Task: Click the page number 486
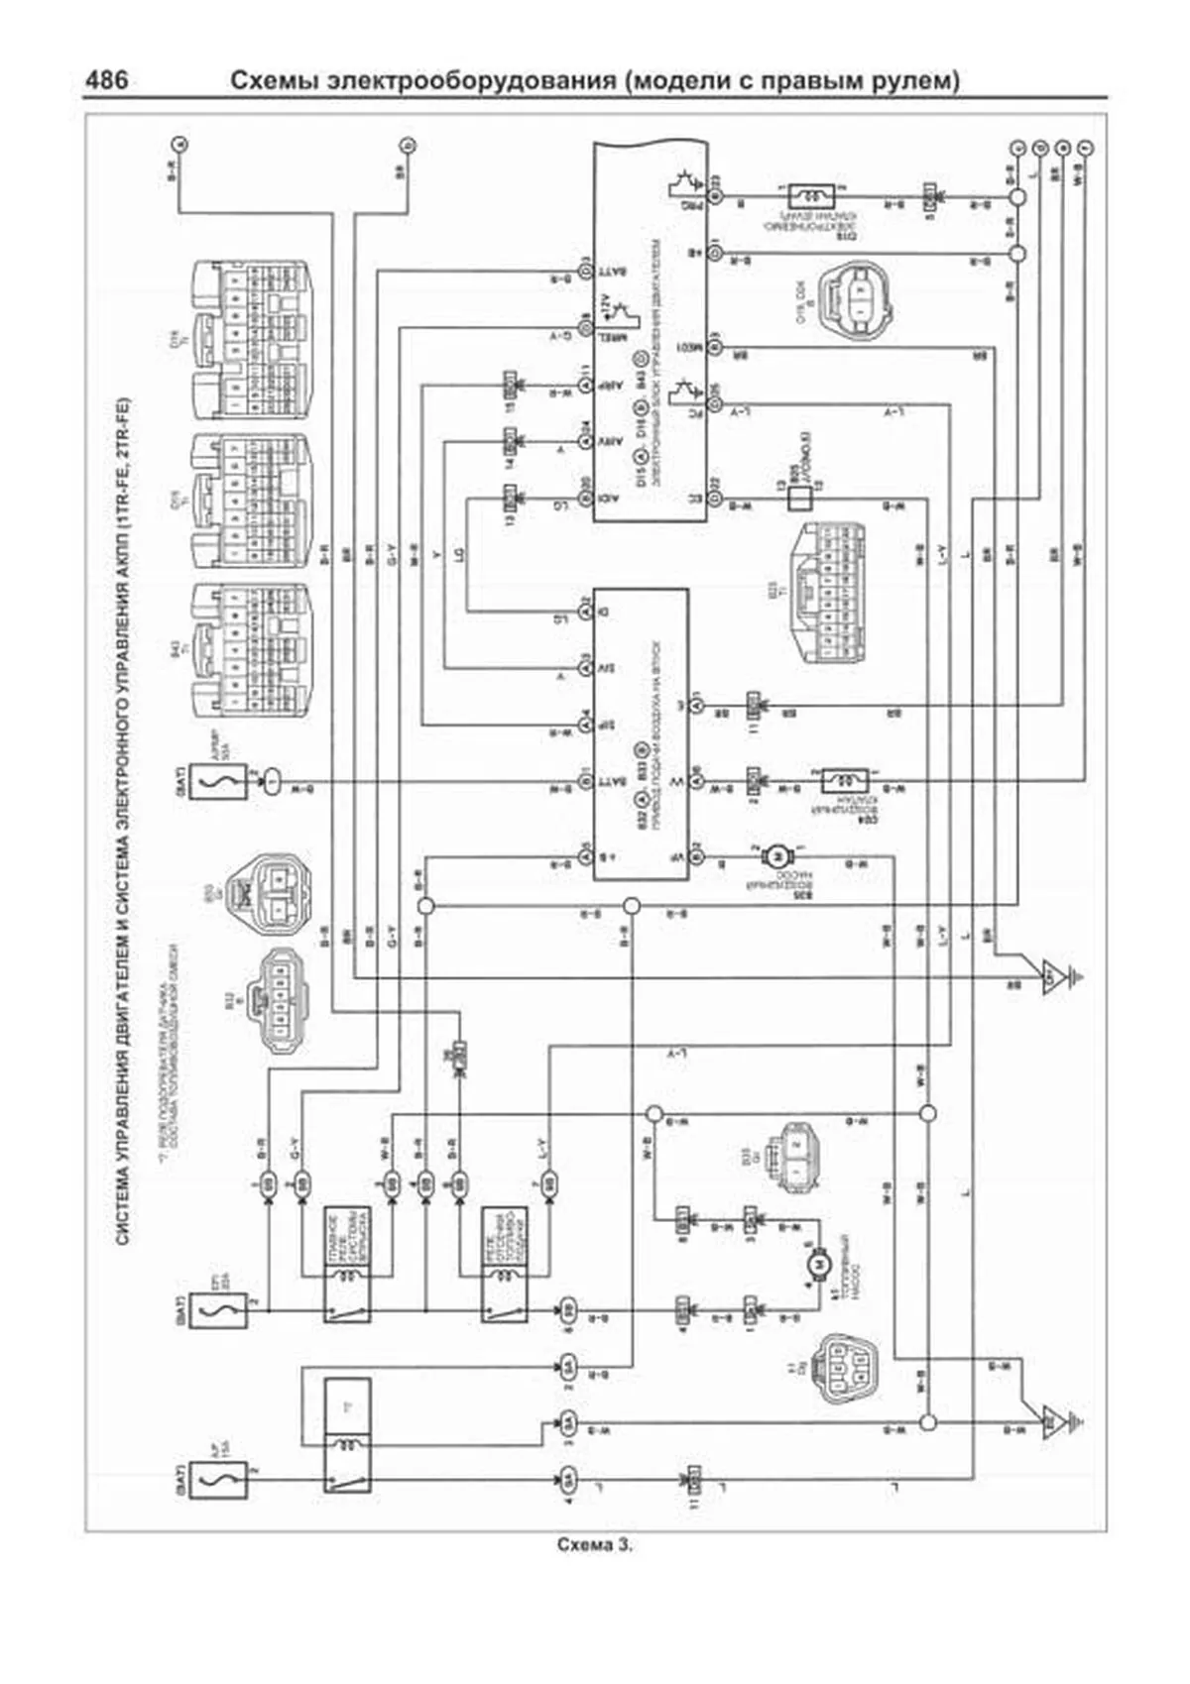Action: coord(107,78)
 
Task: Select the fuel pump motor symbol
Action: coord(818,1262)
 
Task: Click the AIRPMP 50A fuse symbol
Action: coord(211,782)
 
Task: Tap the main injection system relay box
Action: coord(347,1264)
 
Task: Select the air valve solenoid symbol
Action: coord(844,781)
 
